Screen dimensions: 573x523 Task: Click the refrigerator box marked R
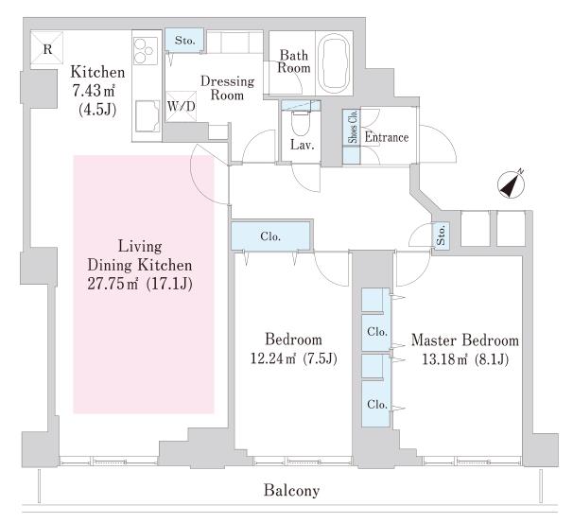click(46, 48)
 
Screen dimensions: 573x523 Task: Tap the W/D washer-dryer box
click(181, 106)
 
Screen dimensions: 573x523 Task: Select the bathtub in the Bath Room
click(335, 64)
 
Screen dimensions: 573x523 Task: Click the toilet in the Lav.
click(301, 123)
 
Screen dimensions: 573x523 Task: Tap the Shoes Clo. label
click(353, 127)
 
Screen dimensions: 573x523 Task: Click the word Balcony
click(291, 490)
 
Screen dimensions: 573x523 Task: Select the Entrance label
click(387, 137)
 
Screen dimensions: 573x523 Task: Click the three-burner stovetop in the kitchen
click(145, 51)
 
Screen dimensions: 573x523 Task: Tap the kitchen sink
click(148, 116)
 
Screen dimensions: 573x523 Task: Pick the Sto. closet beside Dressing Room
click(185, 41)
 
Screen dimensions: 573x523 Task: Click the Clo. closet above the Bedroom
click(270, 236)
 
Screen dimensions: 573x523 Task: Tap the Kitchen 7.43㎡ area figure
click(94, 91)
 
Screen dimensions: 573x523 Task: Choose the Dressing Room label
click(227, 88)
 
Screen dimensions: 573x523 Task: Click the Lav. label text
click(303, 145)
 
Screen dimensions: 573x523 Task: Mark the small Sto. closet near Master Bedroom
click(441, 235)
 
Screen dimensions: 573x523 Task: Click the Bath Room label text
click(293, 61)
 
